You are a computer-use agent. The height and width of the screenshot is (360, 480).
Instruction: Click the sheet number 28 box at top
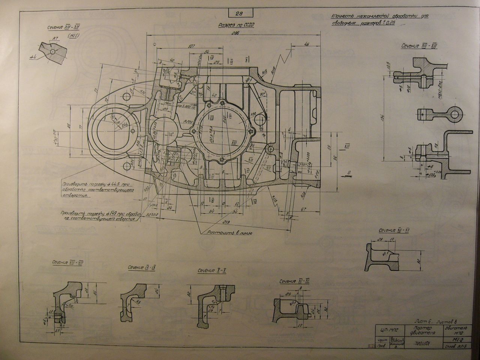coord(239,14)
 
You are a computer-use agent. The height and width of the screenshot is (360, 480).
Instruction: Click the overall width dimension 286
coord(236,33)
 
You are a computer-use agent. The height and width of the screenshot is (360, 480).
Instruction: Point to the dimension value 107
coord(192,46)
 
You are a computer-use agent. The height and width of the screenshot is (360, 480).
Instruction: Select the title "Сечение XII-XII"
coord(393,230)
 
